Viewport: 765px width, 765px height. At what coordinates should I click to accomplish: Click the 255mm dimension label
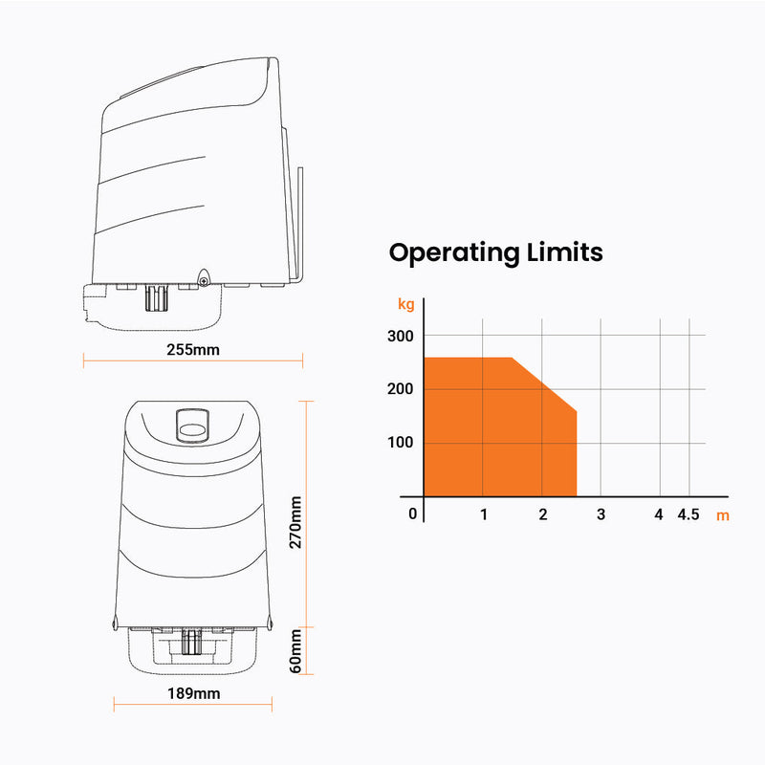coord(193,350)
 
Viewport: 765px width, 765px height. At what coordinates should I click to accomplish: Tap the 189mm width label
coord(194,693)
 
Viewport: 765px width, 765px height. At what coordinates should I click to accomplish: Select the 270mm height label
coord(295,522)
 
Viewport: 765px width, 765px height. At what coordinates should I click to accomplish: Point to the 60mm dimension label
coord(295,651)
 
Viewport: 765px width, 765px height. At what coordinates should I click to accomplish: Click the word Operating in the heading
coord(454,253)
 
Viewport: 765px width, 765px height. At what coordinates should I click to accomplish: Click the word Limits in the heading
coord(565,252)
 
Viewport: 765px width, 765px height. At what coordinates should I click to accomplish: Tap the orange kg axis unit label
coord(405,304)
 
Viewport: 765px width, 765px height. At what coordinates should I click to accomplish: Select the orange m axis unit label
coord(723,515)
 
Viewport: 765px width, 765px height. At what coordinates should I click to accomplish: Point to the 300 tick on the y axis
coord(400,337)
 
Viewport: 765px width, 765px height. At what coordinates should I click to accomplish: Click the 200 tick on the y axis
coord(400,389)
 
